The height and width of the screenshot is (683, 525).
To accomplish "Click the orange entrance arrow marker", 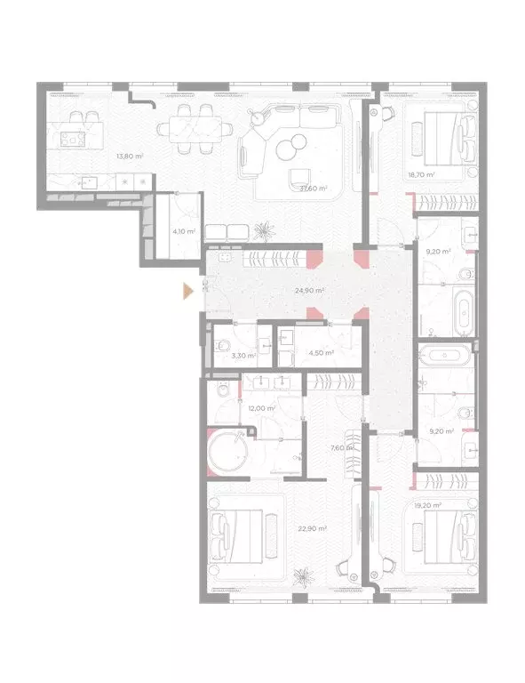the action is coord(187,291).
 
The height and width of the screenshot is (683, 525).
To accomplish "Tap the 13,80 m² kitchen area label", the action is coord(130,156).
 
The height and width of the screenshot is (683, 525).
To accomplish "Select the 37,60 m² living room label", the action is coord(314,189).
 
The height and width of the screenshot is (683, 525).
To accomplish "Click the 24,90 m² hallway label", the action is coord(309,291).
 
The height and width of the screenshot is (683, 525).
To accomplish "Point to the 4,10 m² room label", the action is coord(184,231).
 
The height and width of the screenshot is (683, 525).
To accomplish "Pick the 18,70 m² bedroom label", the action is coord(421,175).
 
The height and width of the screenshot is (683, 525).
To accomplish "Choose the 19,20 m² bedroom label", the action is coord(428,505).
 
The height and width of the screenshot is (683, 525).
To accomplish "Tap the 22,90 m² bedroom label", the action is coord(313,528).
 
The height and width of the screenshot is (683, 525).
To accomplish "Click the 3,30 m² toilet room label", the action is coord(243,356).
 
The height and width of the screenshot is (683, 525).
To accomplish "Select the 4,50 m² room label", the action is coord(322,353).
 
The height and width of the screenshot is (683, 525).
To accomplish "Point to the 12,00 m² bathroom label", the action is coord(262,408).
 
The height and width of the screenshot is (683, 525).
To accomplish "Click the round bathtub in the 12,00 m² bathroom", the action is coord(227,451).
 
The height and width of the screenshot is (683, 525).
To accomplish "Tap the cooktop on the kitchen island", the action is coord(73,139).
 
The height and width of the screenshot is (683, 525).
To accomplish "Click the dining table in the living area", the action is coord(195,129).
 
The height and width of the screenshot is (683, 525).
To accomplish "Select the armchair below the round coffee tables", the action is coord(299,177).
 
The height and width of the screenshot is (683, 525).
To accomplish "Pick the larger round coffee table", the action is coord(287,149).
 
